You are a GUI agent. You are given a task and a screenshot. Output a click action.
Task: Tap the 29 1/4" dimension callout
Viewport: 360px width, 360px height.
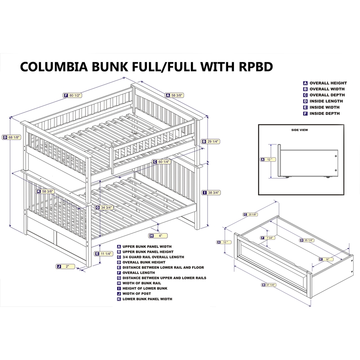(x=211, y=140)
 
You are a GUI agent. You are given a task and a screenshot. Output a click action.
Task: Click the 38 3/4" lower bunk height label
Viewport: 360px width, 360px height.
(x=211, y=192)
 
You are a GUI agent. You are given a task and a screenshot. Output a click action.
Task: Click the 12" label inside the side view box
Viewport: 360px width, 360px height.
(x=268, y=159)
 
